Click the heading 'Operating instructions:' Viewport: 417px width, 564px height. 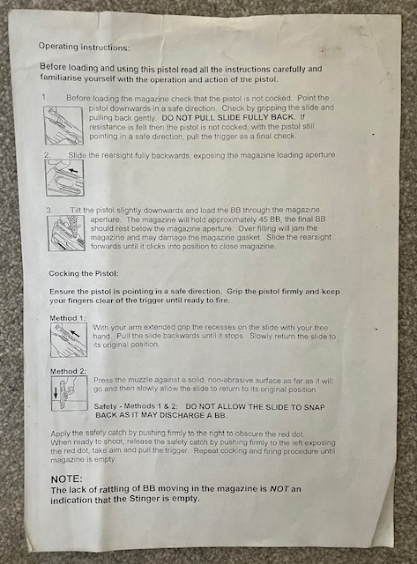pyautogui.click(x=84, y=47)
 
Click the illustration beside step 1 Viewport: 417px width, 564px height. pyautogui.click(x=63, y=125)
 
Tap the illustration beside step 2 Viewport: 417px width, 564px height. pyautogui.click(x=64, y=178)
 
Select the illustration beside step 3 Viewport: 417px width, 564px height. pyautogui.click(x=67, y=233)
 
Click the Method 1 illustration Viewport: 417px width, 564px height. pyautogui.click(x=69, y=340)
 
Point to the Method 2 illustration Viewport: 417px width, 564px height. pyautogui.click(x=70, y=393)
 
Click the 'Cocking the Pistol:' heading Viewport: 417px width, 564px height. pyautogui.click(x=84, y=273)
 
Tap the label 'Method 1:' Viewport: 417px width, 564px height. pyautogui.click(x=68, y=318)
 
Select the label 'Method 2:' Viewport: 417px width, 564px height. pyautogui.click(x=69, y=371)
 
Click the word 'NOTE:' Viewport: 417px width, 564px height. pyautogui.click(x=67, y=479)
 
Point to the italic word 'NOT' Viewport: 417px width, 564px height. pyautogui.click(x=279, y=489)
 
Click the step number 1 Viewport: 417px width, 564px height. pyautogui.click(x=45, y=97)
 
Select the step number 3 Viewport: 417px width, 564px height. pyautogui.click(x=49, y=210)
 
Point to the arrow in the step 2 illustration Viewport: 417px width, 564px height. pyautogui.click(x=73, y=169)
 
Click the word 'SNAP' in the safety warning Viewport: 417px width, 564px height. pyautogui.click(x=315, y=407)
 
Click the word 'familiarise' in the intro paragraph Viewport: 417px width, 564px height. pyautogui.click(x=61, y=78)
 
